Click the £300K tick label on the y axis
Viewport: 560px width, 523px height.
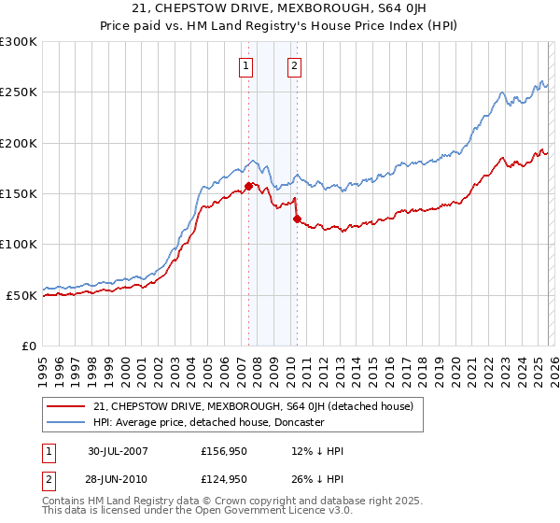[x=19, y=42]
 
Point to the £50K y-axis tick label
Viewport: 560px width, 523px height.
[x=21, y=295]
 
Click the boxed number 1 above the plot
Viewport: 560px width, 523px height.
[x=245, y=65]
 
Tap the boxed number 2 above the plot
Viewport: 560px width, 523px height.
[x=295, y=65]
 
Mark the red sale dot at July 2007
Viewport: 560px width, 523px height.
[x=248, y=186]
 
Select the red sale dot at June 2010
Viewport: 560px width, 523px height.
[x=297, y=219]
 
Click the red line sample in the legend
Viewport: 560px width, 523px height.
[x=66, y=405]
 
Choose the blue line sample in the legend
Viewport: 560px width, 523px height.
[x=66, y=422]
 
